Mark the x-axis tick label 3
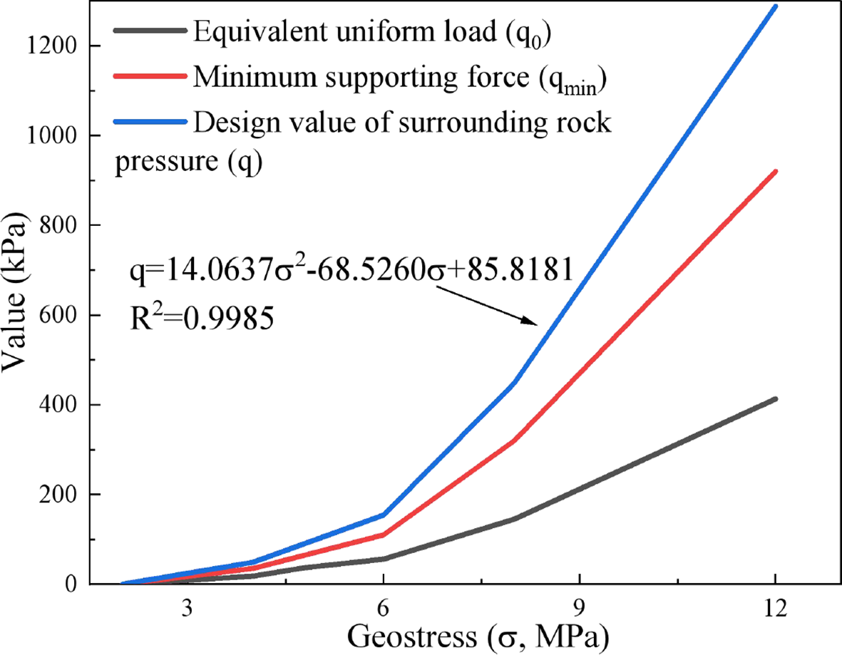(188, 608)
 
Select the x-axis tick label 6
(384, 608)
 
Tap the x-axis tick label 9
(580, 608)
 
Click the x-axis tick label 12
(775, 608)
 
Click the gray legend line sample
(151, 31)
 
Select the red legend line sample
(151, 77)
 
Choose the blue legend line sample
(151, 123)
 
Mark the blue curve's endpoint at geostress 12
(776, 6)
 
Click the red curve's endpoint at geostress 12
(776, 171)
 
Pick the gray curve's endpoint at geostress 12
(776, 399)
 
